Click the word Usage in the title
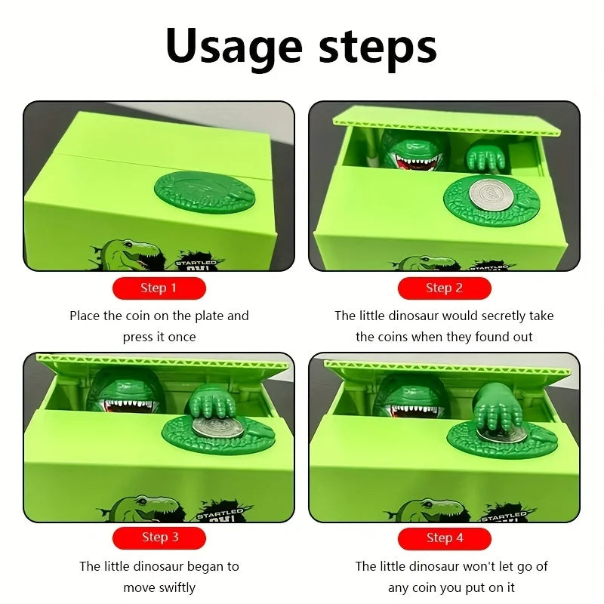point(234,46)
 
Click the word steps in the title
point(378,46)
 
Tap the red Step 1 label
point(159,288)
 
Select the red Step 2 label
point(444,288)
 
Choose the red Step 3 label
point(159,538)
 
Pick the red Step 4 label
point(444,538)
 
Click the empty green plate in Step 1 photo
point(205,193)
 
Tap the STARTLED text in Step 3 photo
point(220,513)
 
